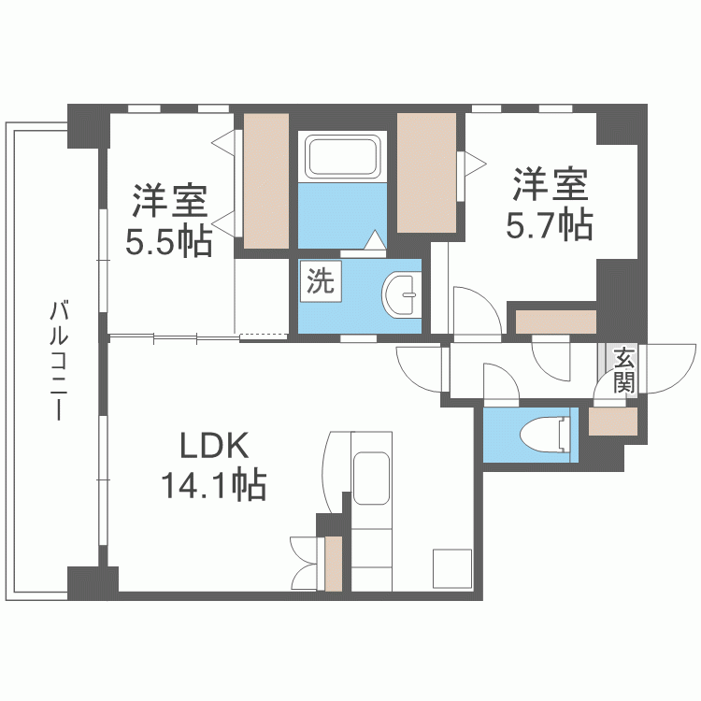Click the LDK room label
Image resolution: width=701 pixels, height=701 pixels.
214,445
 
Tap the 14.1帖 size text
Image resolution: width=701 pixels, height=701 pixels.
214,484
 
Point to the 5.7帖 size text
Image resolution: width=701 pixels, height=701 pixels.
550,225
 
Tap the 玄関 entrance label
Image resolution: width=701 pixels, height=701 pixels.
624,369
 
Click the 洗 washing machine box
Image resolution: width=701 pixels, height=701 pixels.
321,281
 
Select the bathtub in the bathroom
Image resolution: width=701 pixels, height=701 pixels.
342,156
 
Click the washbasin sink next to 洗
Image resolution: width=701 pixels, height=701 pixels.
402,294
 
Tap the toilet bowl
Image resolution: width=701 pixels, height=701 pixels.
546,434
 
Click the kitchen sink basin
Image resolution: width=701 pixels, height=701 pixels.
371,478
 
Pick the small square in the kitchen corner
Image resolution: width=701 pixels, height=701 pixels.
452,568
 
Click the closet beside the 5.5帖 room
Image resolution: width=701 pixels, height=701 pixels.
265,181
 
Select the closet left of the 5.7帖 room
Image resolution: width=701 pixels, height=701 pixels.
426,173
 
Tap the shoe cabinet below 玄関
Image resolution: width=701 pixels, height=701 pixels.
613,422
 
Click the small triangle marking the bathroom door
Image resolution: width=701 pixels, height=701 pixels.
375,239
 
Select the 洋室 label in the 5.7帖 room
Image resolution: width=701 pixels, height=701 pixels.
550,184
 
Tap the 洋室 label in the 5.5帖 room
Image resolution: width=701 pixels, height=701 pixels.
169,200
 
